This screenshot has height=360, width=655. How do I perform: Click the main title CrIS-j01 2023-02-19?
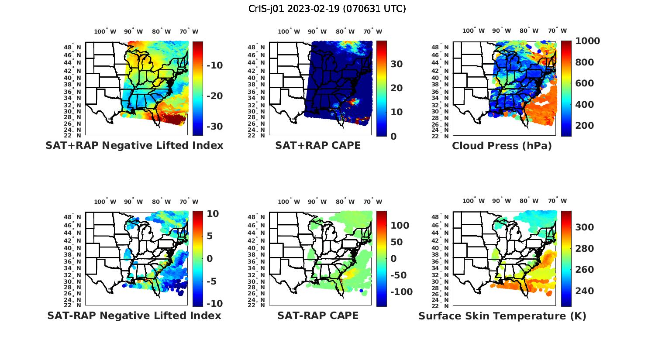tap(327, 9)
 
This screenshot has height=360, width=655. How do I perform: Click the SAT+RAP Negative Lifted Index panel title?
tap(134, 145)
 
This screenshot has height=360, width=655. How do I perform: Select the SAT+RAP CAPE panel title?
tap(318, 145)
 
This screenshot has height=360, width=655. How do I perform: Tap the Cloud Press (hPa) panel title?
tap(502, 146)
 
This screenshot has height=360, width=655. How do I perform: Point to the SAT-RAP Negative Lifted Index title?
tap(134, 315)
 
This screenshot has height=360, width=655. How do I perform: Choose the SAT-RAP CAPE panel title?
tap(318, 315)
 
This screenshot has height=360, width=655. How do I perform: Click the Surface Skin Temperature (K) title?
tap(502, 316)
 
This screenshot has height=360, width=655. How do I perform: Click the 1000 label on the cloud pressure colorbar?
tap(587, 41)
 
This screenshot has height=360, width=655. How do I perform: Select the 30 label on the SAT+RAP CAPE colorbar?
tap(396, 64)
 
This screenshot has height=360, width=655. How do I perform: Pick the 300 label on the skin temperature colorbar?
tap(585, 227)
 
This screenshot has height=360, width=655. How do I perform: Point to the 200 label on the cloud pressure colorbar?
tap(585, 126)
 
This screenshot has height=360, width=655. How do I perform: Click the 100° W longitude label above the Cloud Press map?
tap(474, 31)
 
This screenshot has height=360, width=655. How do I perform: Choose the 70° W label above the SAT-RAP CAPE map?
tap(372, 202)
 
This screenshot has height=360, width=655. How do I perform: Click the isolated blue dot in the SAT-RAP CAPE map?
tap(361, 291)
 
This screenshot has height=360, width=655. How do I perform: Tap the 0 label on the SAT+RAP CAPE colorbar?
tap(393, 136)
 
